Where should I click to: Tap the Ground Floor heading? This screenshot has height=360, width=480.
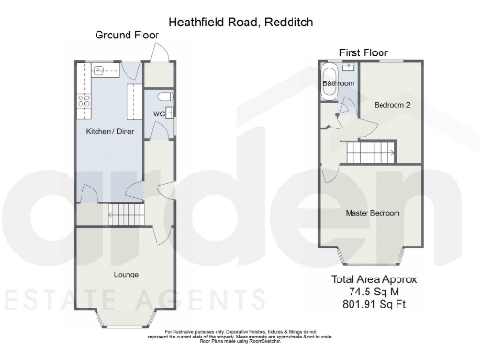(127, 36)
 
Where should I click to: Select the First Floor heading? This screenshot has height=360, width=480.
(364, 52)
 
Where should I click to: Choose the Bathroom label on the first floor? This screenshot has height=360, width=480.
(338, 84)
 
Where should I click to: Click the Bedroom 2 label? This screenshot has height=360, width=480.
(392, 105)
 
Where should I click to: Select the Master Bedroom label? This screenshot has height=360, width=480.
(373, 213)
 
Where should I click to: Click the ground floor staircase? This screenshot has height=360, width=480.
(126, 217)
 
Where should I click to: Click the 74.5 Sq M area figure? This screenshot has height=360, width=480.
(374, 292)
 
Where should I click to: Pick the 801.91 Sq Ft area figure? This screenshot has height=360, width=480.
(374, 304)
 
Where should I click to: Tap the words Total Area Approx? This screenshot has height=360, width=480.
(374, 279)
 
